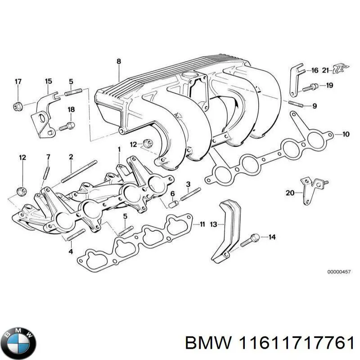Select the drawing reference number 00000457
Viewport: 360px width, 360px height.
click(x=338, y=272)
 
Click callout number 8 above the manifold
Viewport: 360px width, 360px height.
click(x=119, y=62)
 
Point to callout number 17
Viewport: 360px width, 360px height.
click(x=18, y=81)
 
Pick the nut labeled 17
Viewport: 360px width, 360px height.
click(x=18, y=107)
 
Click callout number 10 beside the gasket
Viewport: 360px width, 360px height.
click(x=346, y=134)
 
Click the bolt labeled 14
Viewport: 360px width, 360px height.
click(x=249, y=239)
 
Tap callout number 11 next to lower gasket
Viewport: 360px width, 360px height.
click(x=202, y=224)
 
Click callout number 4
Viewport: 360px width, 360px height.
click(x=71, y=251)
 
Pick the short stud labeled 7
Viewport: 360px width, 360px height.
click(x=46, y=173)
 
